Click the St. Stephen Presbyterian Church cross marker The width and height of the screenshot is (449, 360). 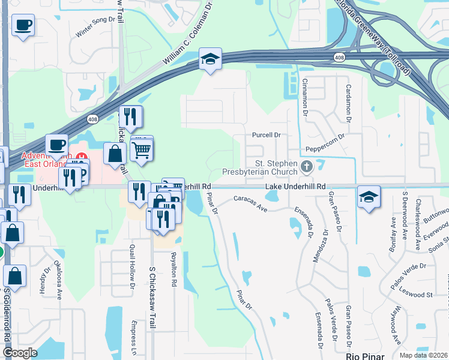point(307,167)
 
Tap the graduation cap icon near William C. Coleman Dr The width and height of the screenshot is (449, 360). point(210,59)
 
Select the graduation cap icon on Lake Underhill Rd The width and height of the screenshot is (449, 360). point(369,197)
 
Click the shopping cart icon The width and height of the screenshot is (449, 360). point(142,149)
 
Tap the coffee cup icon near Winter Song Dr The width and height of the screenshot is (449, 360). point(23,26)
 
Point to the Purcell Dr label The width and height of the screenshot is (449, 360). point(267,135)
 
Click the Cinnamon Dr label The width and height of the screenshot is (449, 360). point(305,95)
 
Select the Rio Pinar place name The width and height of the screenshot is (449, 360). point(366,355)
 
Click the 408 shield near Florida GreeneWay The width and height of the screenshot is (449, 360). point(339,56)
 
